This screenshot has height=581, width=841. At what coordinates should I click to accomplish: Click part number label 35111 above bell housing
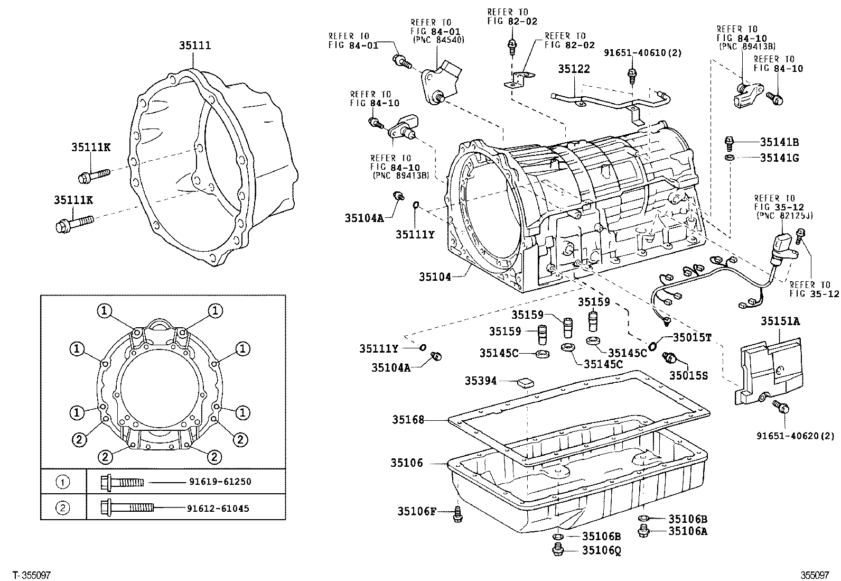[194, 45]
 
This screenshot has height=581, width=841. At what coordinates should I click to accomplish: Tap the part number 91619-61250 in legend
[220, 482]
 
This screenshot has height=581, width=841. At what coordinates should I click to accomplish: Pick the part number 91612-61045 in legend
[218, 509]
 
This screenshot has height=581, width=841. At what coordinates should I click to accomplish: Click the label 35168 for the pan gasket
[408, 420]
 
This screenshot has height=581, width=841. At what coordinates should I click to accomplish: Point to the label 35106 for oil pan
[407, 463]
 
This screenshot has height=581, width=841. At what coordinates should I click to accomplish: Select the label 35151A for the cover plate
[780, 321]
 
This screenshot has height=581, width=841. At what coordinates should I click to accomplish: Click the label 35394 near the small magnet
[481, 381]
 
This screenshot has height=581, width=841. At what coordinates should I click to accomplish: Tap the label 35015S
[688, 375]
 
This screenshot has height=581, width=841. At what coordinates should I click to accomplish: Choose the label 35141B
[779, 142]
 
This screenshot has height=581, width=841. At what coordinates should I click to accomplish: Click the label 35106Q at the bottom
[601, 550]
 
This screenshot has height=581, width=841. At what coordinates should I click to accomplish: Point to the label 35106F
[417, 511]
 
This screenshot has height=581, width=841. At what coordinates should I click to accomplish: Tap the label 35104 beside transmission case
[435, 276]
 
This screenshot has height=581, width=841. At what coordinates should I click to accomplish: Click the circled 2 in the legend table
[63, 509]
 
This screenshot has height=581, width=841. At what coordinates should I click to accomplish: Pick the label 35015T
[692, 337]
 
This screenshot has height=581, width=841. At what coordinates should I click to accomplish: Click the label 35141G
[779, 158]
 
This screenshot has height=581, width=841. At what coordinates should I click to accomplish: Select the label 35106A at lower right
[687, 531]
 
